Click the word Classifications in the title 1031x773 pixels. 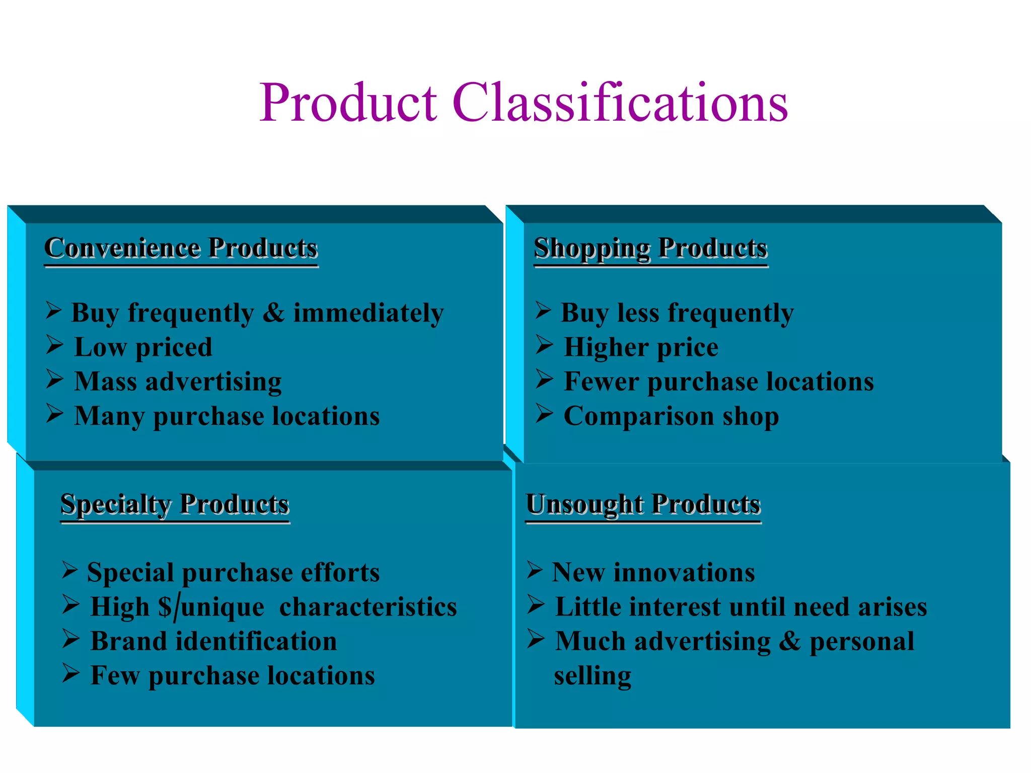[620, 103]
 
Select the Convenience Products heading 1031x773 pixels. [181, 248]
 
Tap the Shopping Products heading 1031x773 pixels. [650, 248]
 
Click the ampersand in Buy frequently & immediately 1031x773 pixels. [273, 313]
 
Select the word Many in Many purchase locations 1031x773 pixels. [109, 416]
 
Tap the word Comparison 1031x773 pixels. [638, 416]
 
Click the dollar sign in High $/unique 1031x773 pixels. [165, 606]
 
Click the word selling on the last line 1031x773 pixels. [593, 675]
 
